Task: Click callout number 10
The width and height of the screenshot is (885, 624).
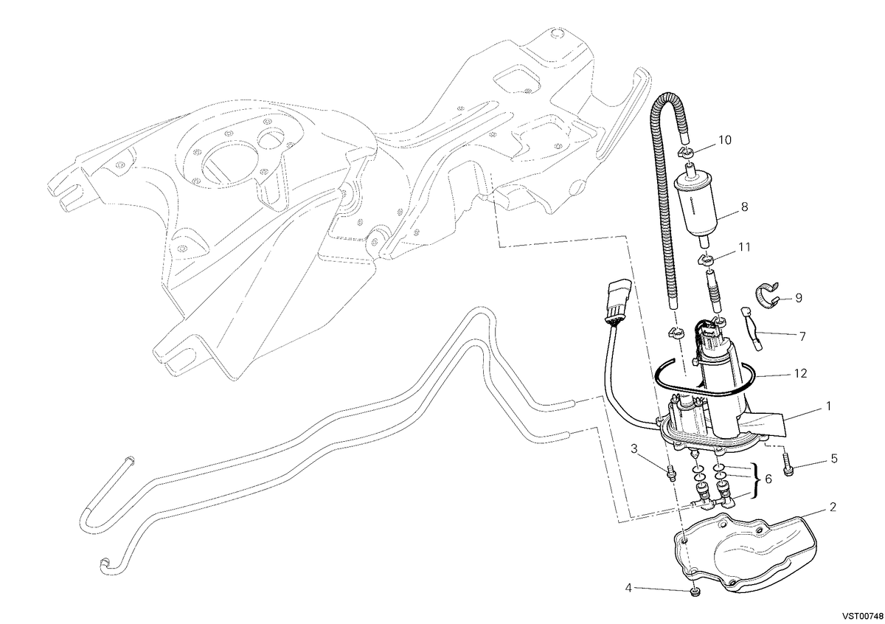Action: (724, 140)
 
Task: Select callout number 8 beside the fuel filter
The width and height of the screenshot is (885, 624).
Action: (745, 207)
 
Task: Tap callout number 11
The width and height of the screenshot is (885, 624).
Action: (744, 247)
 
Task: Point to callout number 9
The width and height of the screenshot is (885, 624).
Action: (799, 298)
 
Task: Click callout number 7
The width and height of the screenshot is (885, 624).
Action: (802, 336)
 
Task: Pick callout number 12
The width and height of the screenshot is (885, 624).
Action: (800, 373)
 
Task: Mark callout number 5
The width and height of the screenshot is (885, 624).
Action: (834, 459)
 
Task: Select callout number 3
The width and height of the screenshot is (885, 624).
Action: (634, 448)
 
